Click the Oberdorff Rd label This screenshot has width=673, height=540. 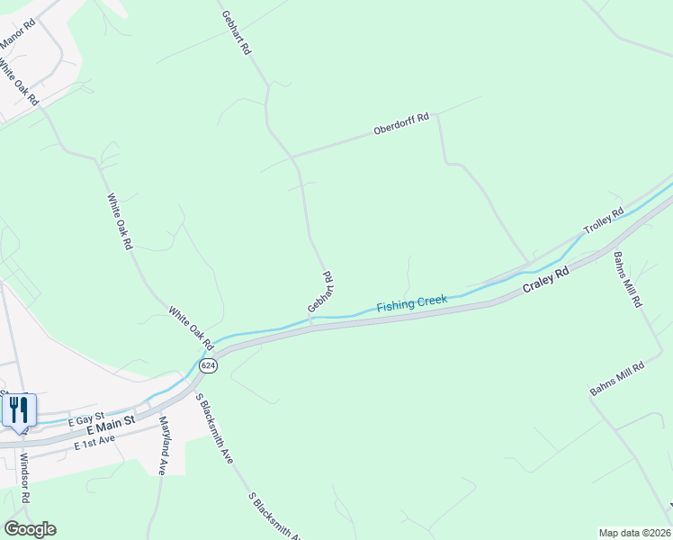tap(401, 125)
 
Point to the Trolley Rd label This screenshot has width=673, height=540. tap(604, 222)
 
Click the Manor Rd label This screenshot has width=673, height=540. tap(16, 31)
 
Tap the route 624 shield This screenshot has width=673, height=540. tap(209, 365)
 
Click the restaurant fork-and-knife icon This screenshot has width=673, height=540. tap(19, 409)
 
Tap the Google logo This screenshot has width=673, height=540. tap(30, 529)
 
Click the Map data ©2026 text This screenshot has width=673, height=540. tap(633, 533)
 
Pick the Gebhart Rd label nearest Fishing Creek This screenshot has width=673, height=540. tap(322, 292)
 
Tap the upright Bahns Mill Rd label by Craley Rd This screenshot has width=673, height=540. tap(628, 280)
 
